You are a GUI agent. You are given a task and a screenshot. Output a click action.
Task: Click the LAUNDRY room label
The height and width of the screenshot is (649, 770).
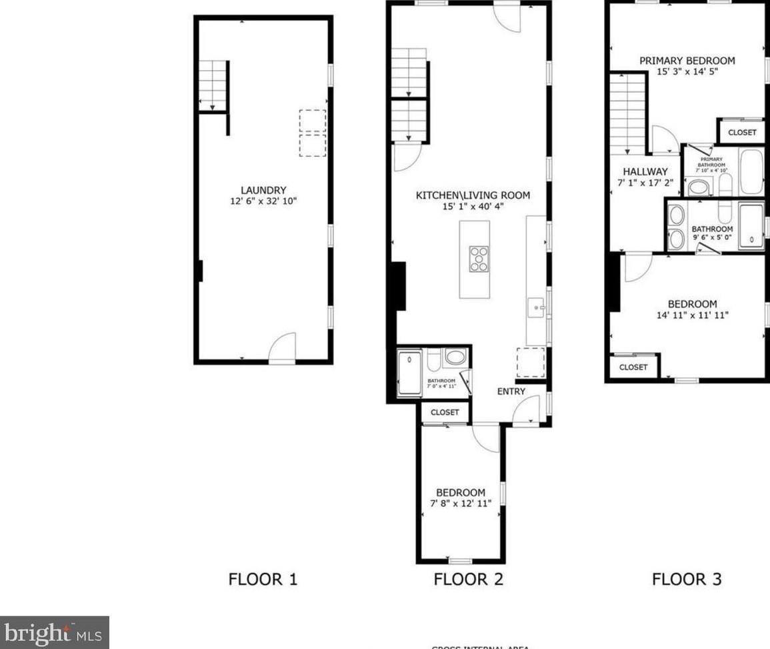[263, 190]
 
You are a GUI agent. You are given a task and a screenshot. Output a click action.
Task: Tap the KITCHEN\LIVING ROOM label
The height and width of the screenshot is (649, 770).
[473, 195]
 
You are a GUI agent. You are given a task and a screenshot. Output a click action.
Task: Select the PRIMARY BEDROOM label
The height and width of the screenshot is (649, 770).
[687, 61]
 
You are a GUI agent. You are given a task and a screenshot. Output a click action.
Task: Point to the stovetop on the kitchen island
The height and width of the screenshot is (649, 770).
[479, 259]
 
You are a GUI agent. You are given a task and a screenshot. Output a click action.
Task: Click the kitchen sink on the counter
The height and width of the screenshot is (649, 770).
[537, 308]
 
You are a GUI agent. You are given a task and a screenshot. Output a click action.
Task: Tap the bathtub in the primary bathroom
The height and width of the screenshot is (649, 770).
[751, 171]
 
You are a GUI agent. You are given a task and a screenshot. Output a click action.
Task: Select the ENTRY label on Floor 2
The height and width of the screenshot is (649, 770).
[511, 392]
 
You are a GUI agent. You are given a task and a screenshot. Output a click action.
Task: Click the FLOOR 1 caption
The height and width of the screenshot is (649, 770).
[263, 579]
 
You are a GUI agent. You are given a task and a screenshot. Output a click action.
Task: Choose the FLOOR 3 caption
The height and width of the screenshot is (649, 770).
[687, 579]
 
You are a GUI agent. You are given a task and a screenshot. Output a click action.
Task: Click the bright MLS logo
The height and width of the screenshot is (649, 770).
[55, 632]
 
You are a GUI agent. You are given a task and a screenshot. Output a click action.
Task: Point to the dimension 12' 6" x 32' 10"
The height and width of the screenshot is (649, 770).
[263, 201]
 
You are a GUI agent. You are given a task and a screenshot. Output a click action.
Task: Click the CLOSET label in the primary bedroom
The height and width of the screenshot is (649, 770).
[742, 132]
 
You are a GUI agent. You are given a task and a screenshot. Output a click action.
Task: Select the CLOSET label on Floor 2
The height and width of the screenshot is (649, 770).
[445, 412]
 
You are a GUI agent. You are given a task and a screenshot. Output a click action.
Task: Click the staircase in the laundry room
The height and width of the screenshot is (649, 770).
[213, 85]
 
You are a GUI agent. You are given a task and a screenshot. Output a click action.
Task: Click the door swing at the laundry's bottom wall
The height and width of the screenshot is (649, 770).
[282, 347]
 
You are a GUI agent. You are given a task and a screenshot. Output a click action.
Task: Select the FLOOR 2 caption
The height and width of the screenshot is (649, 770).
[468, 579]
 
